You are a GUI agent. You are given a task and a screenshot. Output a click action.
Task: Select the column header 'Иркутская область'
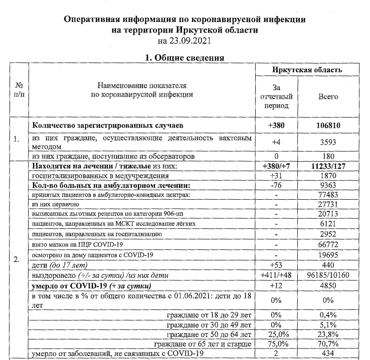tap(307, 70)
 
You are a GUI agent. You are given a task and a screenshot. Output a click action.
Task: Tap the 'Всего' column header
tap(328, 96)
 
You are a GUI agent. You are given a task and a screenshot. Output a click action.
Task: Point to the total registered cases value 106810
tap(328, 125)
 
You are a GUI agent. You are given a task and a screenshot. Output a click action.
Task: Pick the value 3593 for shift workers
tap(328, 142)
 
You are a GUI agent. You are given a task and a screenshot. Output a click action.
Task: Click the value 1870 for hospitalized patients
tap(328, 176)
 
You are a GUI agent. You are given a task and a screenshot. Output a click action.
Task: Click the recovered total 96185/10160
tap(328, 275)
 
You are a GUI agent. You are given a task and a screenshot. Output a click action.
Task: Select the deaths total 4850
tap(328, 286)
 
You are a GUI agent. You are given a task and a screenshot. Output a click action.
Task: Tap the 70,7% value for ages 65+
tap(328, 344)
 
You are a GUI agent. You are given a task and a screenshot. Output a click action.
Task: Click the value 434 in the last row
tap(328, 354)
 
